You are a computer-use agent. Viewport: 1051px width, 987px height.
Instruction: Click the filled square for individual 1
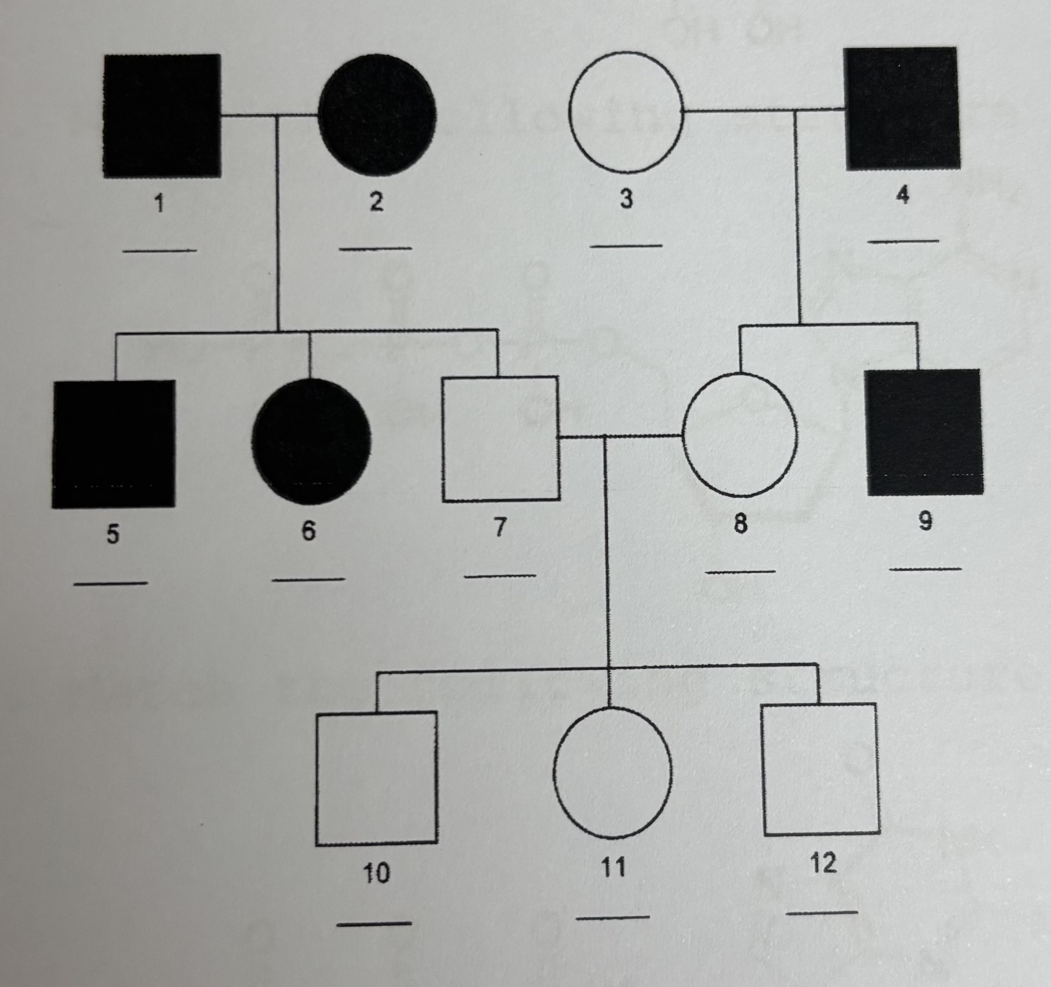162,115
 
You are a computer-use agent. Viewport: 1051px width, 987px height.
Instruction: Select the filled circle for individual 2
377,114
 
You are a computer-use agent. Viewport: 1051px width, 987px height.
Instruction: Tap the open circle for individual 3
626,111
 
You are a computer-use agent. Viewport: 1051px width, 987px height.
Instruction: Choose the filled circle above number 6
311,441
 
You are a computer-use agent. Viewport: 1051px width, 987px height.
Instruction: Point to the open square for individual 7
500,438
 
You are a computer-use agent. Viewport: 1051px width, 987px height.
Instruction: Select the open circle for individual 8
740,435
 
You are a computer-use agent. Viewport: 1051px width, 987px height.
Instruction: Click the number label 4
903,196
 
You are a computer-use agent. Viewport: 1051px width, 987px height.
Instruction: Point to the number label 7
500,527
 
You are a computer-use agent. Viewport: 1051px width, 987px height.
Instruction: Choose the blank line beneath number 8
740,571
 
